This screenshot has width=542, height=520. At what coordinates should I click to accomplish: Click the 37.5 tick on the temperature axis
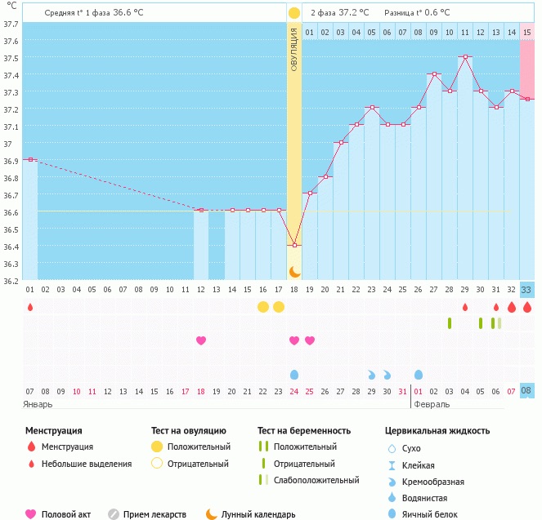11,58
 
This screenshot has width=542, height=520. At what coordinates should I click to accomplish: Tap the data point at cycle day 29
465,57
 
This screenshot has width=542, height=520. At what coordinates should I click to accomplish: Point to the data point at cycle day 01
30,160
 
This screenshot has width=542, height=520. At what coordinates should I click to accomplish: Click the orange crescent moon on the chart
294,271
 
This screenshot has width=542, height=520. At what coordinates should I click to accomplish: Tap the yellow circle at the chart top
294,13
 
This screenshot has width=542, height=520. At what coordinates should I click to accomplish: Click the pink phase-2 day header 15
527,32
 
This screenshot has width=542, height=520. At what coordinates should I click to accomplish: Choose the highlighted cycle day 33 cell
527,289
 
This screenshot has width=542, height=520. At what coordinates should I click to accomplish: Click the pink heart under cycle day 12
201,340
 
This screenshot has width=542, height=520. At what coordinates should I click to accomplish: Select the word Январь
38,404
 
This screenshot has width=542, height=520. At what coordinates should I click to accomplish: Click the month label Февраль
432,404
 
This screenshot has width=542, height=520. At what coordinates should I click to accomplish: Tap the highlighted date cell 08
527,391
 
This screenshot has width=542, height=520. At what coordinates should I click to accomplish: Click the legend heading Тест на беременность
304,430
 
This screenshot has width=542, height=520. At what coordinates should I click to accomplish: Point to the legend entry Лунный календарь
258,514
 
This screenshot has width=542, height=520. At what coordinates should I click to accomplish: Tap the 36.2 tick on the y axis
11,282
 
